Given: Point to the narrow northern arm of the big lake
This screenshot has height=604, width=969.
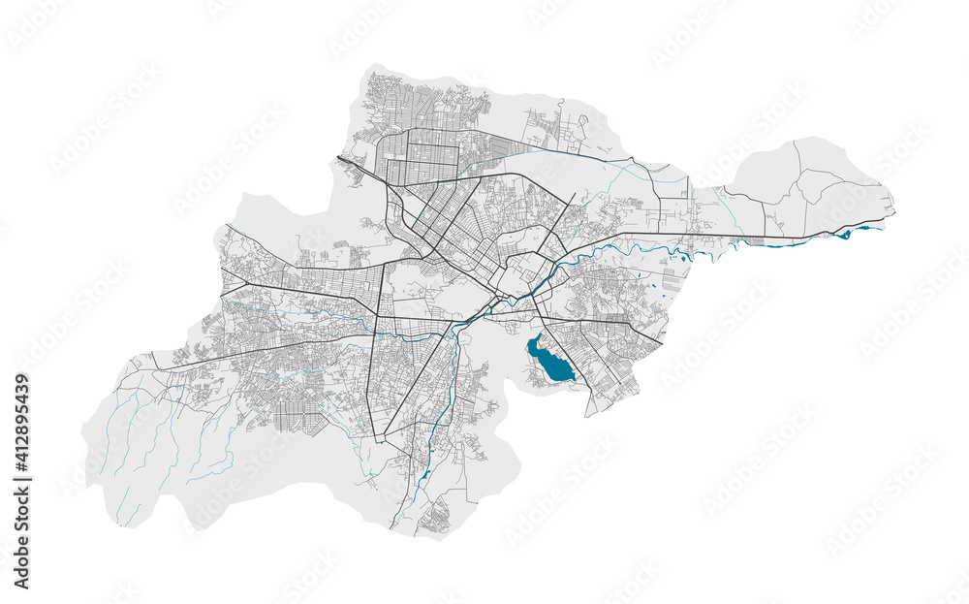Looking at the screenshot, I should (533, 340).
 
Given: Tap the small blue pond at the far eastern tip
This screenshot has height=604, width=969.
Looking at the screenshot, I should (845, 235).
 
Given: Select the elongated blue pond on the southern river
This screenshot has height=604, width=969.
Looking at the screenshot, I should (424, 476).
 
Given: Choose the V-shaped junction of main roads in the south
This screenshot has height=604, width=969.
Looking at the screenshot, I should (387, 435).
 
